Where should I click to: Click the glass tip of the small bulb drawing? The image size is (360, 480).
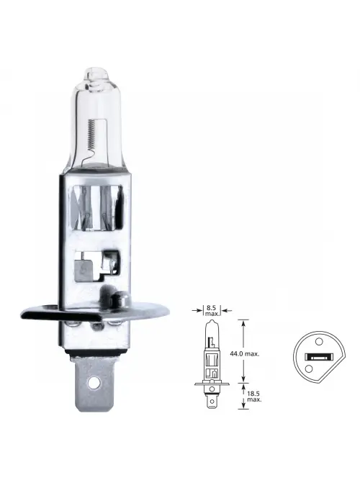click(x=211, y=325)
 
